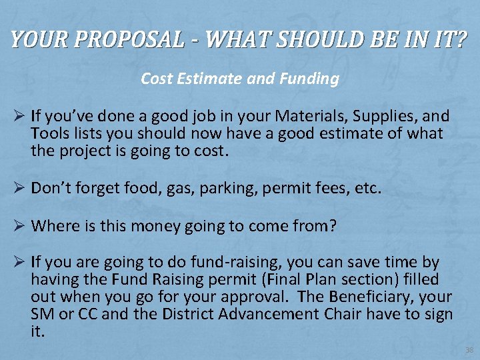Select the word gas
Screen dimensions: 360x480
[177, 189]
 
